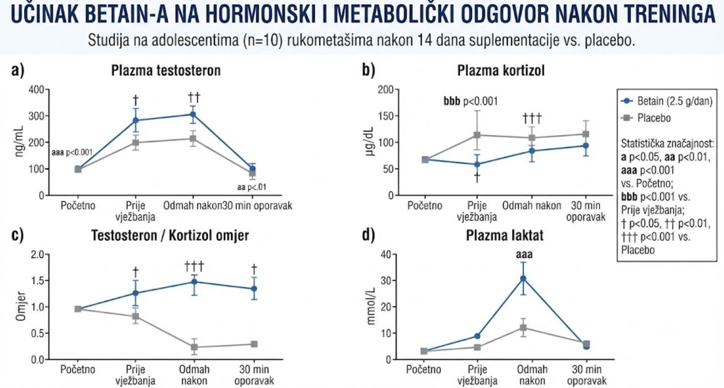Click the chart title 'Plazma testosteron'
tap(166, 70)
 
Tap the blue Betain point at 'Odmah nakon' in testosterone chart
tap(193, 114)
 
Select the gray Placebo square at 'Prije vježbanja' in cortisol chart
tap(477, 135)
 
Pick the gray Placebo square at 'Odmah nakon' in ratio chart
tap(194, 347)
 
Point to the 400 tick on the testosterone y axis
tap(36, 89)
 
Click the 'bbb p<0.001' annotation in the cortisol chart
tap(470, 101)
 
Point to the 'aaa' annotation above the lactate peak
tap(524, 254)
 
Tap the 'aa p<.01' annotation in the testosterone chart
tap(252, 187)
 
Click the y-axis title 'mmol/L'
tap(371, 307)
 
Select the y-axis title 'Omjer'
tap(21, 306)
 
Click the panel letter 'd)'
tap(369, 235)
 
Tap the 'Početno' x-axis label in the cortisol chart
tap(425, 206)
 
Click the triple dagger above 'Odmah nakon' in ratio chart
tap(194, 267)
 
